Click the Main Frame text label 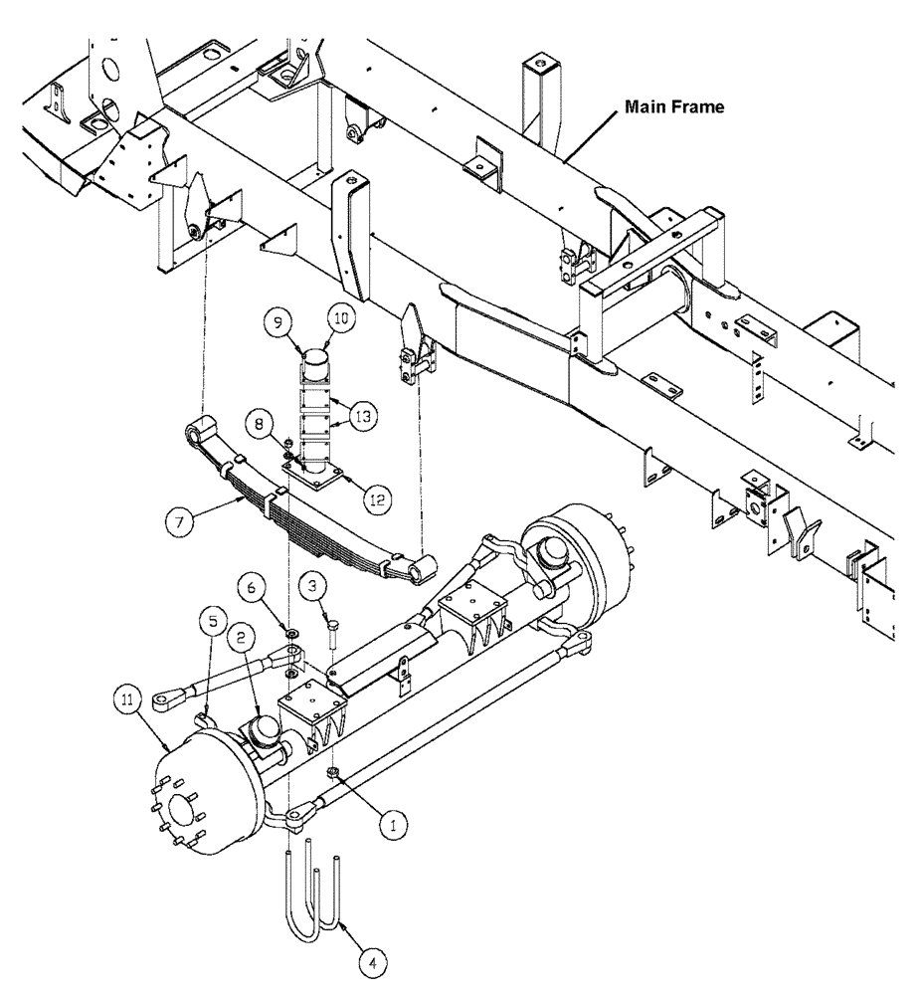672,106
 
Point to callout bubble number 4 371,962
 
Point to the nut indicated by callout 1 334,773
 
